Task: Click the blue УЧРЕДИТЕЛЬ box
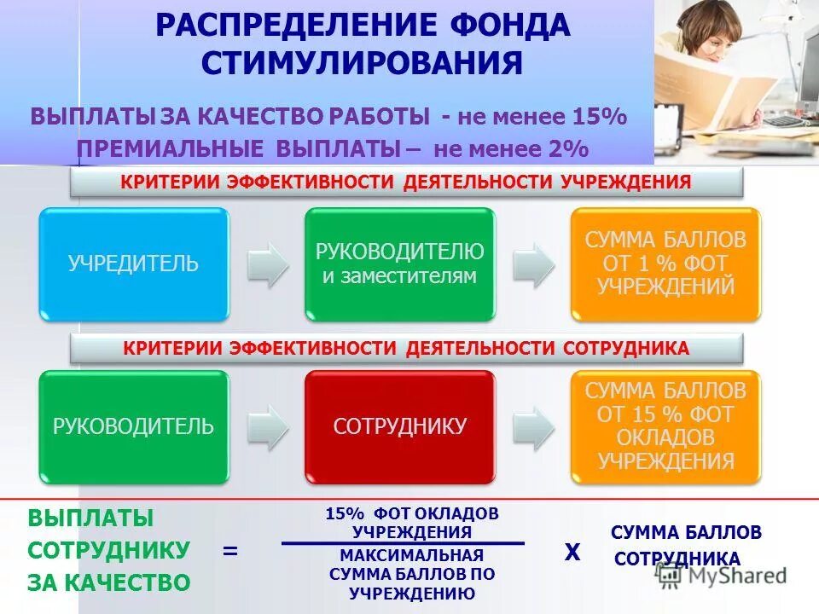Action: pos(134,264)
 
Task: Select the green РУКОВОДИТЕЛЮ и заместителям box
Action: pos(400,264)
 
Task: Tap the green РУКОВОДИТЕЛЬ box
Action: pos(134,426)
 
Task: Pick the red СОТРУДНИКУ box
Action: pos(400,426)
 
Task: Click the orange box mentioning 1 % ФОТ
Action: pos(665,264)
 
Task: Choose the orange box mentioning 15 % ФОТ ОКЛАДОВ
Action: pos(665,426)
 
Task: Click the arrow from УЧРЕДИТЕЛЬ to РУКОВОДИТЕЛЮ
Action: pos(268,264)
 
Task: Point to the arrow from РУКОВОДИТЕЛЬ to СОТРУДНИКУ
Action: pos(268,426)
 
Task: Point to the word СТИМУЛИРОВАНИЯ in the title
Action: pos(363,62)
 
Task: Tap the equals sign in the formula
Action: pos(229,552)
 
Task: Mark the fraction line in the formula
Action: pos(403,543)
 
